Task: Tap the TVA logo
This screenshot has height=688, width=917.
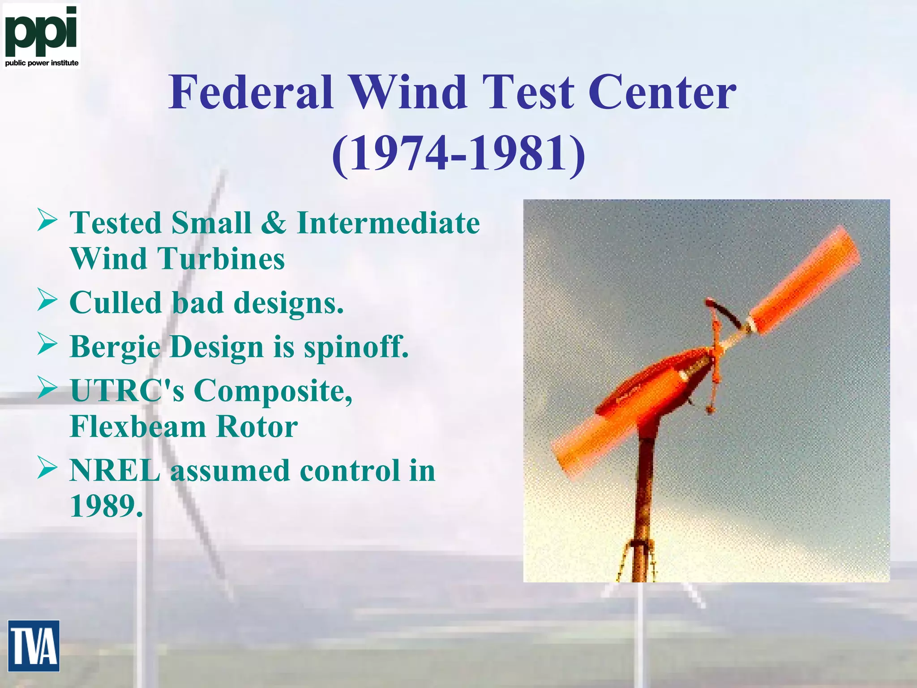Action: (34, 645)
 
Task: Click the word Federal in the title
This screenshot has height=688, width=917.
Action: (251, 92)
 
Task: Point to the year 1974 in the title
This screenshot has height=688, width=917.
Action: (398, 154)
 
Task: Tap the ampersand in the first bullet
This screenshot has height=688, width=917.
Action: (274, 223)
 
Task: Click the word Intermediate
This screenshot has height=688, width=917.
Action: (388, 223)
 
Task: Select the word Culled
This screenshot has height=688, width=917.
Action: (116, 302)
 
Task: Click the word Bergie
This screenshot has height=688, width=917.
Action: (115, 347)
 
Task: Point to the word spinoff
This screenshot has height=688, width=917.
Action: (356, 347)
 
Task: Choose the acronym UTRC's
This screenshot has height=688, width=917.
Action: (127, 390)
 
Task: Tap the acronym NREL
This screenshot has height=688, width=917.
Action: (115, 470)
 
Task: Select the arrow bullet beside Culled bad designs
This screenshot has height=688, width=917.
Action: (47, 301)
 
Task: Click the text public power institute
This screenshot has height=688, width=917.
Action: (42, 63)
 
